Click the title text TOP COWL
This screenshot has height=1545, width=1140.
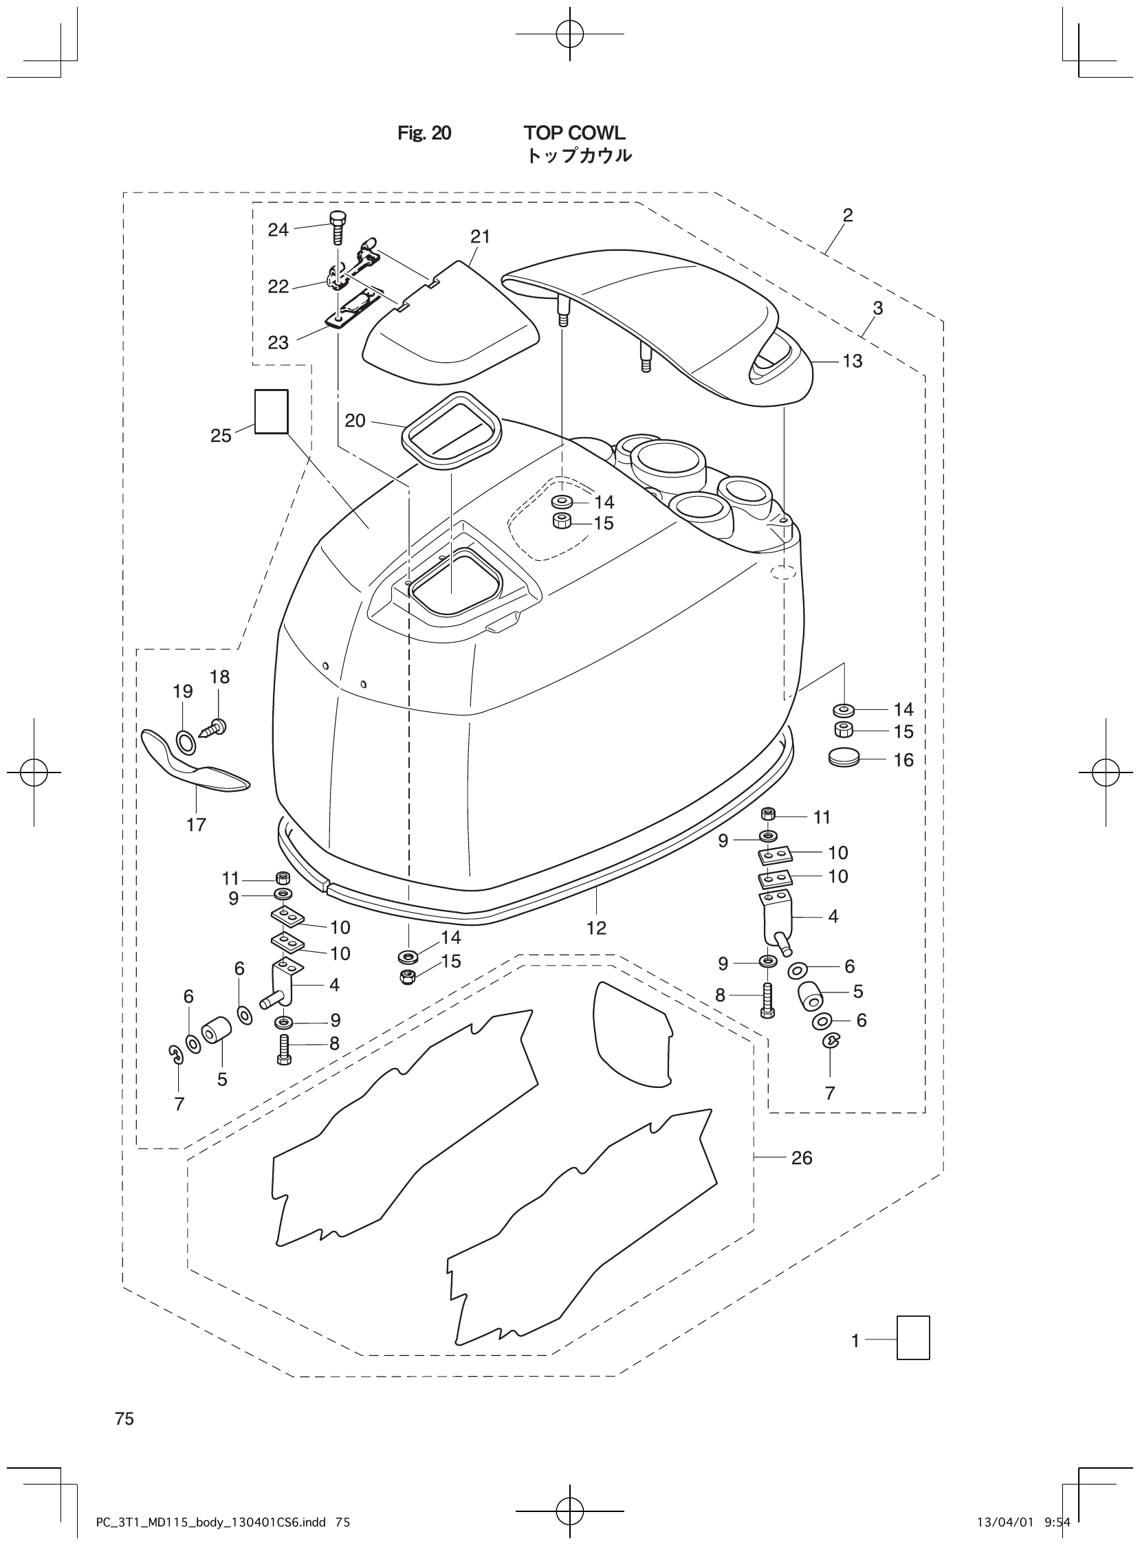[x=574, y=133]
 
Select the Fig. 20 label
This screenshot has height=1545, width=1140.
[x=424, y=133]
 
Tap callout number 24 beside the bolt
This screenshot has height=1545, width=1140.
[x=278, y=230]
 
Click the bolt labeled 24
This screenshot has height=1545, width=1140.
[x=337, y=227]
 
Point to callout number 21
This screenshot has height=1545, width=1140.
[x=481, y=236]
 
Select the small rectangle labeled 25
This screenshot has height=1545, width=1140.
[x=271, y=412]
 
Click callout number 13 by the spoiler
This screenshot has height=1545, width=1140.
[x=852, y=361]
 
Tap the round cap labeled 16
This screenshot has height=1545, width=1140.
[x=843, y=758]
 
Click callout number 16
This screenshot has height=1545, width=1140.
[x=903, y=760]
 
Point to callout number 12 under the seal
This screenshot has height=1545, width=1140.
[x=596, y=928]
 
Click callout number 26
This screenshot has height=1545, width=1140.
[x=801, y=1157]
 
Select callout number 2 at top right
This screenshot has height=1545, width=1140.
[x=848, y=215]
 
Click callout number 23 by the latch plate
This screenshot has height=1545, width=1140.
[x=278, y=342]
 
